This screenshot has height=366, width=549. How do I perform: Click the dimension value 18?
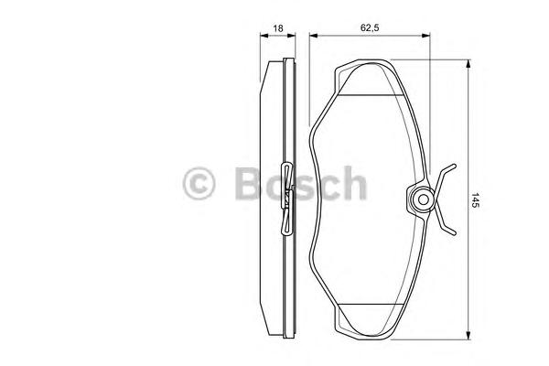pos(277,28)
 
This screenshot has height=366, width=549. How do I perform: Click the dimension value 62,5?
pos(370,28)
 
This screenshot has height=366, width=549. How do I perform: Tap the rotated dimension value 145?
pos(475,200)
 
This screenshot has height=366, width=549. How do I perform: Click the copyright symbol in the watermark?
pos(199,183)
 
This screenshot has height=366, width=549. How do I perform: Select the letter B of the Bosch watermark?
pos(249,183)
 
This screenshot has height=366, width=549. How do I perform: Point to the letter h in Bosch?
pos(354,182)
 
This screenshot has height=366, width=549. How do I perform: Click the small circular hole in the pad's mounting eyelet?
pos(423,199)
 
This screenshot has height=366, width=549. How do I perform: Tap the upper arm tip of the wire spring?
pos(454,166)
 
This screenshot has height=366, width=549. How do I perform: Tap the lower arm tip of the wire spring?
pos(454,233)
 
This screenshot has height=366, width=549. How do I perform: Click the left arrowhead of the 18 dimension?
pos(264,35)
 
